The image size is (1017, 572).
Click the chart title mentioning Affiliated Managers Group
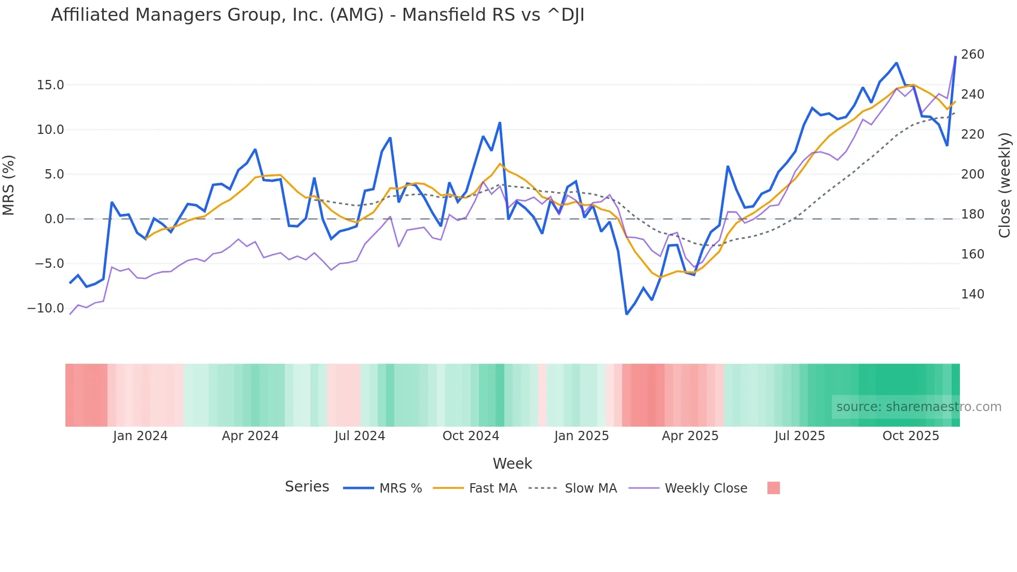(x=318, y=15)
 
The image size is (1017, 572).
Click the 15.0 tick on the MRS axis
(x=50, y=85)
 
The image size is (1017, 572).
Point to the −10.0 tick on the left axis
(x=46, y=308)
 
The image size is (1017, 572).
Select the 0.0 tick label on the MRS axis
(x=54, y=219)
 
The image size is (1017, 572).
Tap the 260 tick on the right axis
(x=972, y=55)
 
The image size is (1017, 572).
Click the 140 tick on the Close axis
(x=972, y=294)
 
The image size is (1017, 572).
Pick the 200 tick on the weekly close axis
(x=972, y=174)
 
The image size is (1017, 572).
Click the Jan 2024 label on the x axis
(x=140, y=436)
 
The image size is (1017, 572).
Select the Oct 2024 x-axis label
(x=471, y=436)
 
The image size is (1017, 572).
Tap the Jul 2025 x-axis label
(x=800, y=436)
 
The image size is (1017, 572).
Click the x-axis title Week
(x=512, y=464)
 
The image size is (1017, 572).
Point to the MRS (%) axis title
(x=9, y=185)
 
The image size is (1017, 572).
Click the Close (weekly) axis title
(x=1005, y=185)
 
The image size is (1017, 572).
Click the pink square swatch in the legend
(x=773, y=488)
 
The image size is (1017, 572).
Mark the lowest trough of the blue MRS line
(x=627, y=314)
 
